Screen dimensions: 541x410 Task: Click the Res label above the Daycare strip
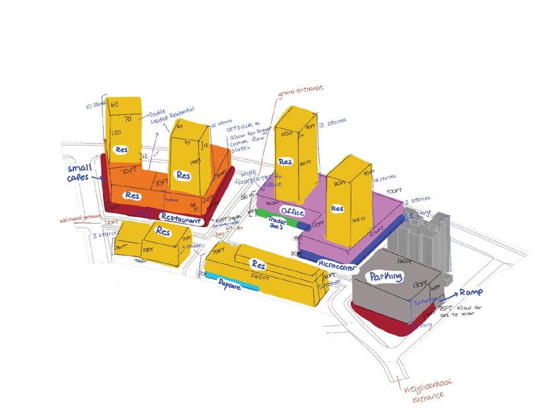pyautogui.click(x=258, y=263)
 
